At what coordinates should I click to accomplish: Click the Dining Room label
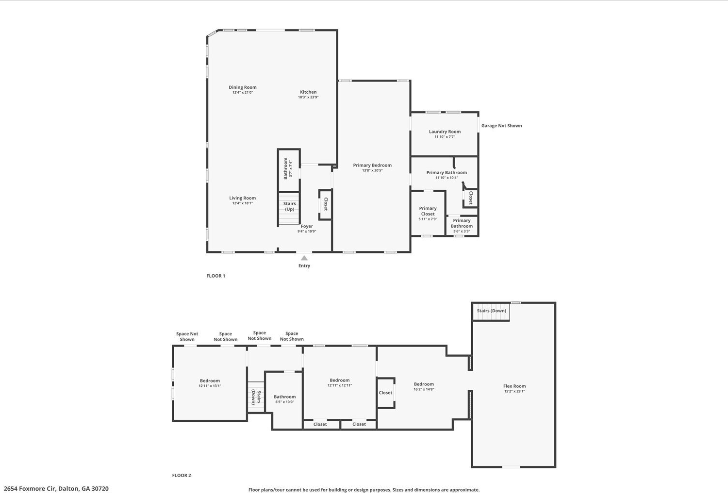click(243, 87)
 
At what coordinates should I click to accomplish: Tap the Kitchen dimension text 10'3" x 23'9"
click(308, 97)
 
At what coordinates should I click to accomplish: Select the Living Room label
click(243, 198)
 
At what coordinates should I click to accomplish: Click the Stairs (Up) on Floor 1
click(289, 208)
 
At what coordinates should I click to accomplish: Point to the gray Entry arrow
click(304, 258)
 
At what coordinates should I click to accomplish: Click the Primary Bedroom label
click(372, 165)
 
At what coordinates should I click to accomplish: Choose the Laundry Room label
click(445, 132)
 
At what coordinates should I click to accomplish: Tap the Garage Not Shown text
click(501, 126)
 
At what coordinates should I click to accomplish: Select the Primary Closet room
click(428, 213)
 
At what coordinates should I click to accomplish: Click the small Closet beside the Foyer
click(325, 204)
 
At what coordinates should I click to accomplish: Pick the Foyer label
click(307, 226)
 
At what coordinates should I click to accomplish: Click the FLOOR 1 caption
click(215, 276)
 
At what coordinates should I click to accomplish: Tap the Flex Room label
click(514, 386)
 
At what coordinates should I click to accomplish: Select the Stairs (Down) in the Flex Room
click(491, 312)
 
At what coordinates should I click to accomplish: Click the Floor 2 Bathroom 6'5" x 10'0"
click(285, 400)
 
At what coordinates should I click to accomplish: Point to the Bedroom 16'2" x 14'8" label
click(424, 384)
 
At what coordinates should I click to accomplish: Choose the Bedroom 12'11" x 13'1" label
click(210, 381)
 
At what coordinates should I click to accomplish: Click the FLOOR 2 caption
click(182, 475)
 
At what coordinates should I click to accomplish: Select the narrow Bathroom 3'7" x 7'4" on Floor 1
click(289, 170)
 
